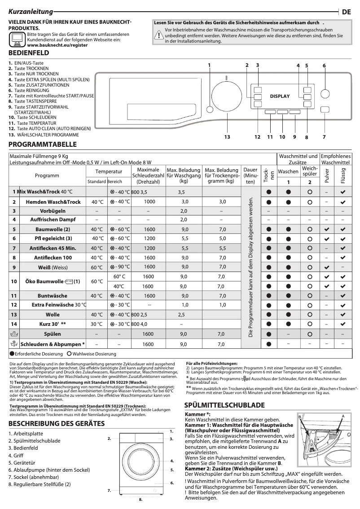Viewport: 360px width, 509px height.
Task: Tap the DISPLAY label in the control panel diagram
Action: pos(280,96)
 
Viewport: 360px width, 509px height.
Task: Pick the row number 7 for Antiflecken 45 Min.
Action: pos(14,248)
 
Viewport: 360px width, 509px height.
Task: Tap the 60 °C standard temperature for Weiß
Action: pos(97,268)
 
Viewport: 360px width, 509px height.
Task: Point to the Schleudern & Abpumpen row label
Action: pos(52,344)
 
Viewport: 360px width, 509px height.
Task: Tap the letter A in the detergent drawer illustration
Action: pos(342,416)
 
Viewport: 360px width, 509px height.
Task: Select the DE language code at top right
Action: pos(346,12)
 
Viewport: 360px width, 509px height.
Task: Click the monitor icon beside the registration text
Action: pos(17,40)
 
